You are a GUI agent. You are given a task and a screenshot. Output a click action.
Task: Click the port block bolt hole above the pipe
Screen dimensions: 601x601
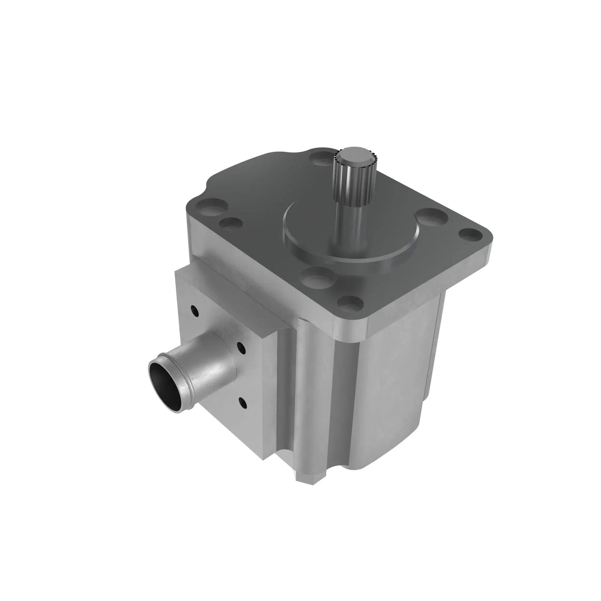tap(195, 310)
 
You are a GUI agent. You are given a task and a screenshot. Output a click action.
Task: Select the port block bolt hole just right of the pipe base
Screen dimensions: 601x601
tap(241, 348)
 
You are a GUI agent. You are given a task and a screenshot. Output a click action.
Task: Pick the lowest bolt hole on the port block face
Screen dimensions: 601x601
tap(243, 403)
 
